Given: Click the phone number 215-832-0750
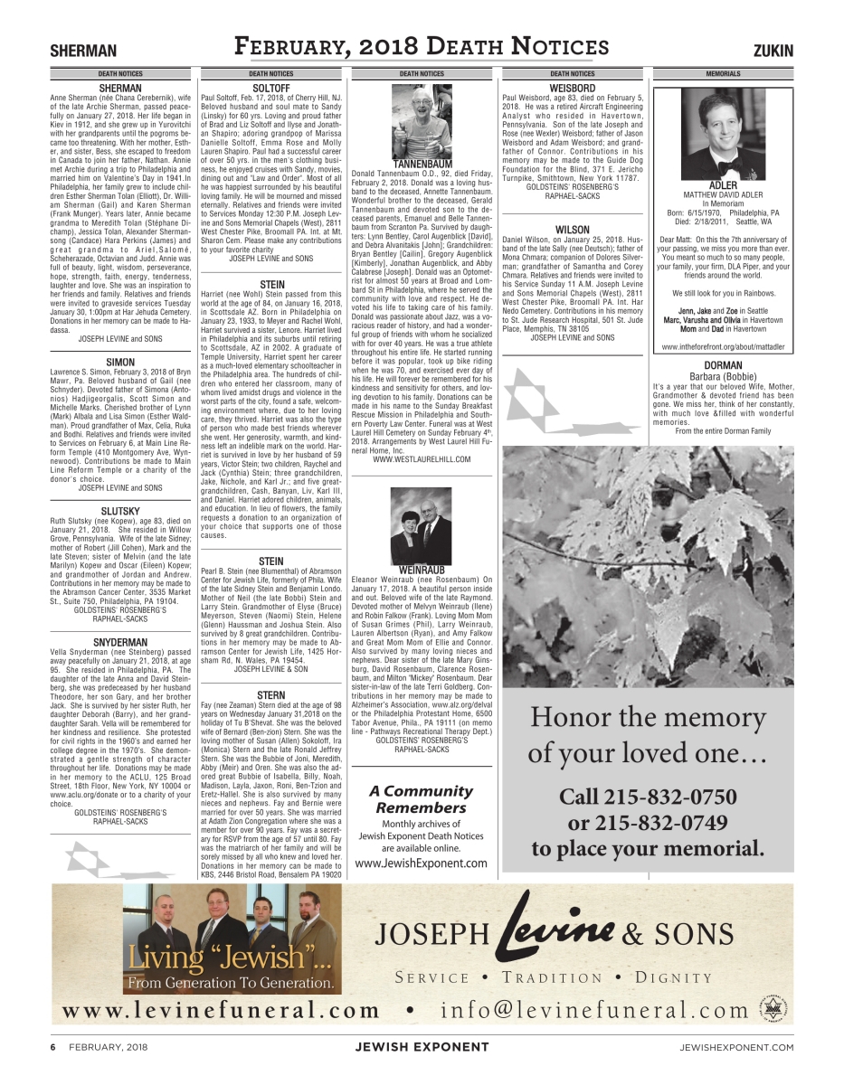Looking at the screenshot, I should [648, 797].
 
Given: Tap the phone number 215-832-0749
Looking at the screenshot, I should [648, 823].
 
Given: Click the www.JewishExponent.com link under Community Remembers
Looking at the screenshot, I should [422, 863].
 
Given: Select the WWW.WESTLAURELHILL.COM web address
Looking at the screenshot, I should [422, 459].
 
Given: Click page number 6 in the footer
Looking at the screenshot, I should [53, 1046].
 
